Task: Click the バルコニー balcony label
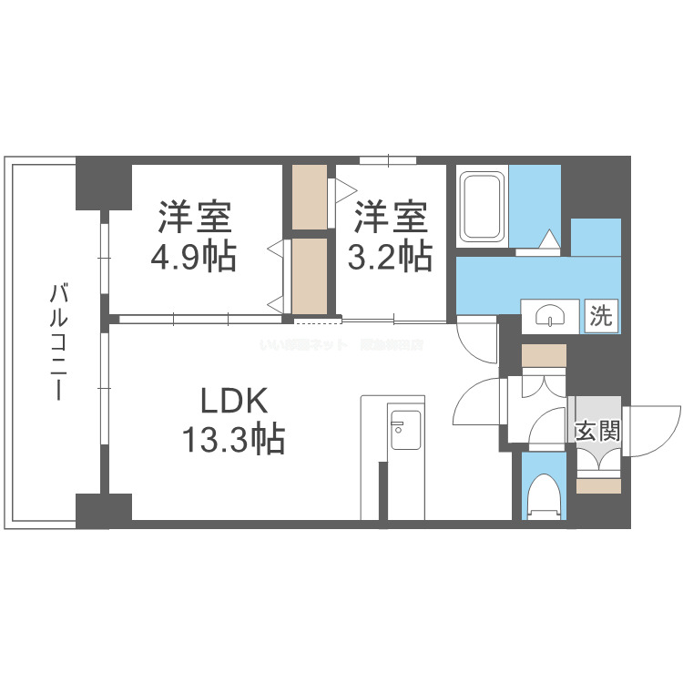pyautogui.click(x=57, y=343)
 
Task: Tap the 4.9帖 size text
pyautogui.click(x=193, y=258)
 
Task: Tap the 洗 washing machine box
pyautogui.click(x=600, y=315)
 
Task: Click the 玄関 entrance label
pyautogui.click(x=597, y=430)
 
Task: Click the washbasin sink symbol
pyautogui.click(x=551, y=315)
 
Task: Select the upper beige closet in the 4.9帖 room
pyautogui.click(x=310, y=196)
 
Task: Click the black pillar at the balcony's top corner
pyautogui.click(x=103, y=182)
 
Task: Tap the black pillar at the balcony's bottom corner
pyautogui.click(x=103, y=510)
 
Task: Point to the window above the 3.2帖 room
pyautogui.click(x=388, y=161)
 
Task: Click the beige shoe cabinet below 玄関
pyautogui.click(x=598, y=486)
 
